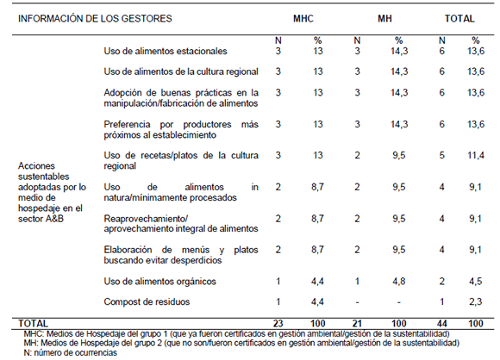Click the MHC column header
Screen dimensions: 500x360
click(303, 17)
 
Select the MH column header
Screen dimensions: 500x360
click(384, 17)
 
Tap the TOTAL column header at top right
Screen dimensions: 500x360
click(459, 17)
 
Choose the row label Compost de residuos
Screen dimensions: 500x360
click(146, 301)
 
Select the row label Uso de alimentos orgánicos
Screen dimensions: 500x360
click(156, 282)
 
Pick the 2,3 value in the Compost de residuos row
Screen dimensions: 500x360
click(474, 301)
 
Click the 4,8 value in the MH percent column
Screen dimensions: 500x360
click(398, 282)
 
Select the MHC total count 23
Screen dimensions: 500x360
click(278, 322)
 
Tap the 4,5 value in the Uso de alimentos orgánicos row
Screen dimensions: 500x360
click(474, 282)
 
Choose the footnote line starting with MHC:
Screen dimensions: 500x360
click(238, 332)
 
